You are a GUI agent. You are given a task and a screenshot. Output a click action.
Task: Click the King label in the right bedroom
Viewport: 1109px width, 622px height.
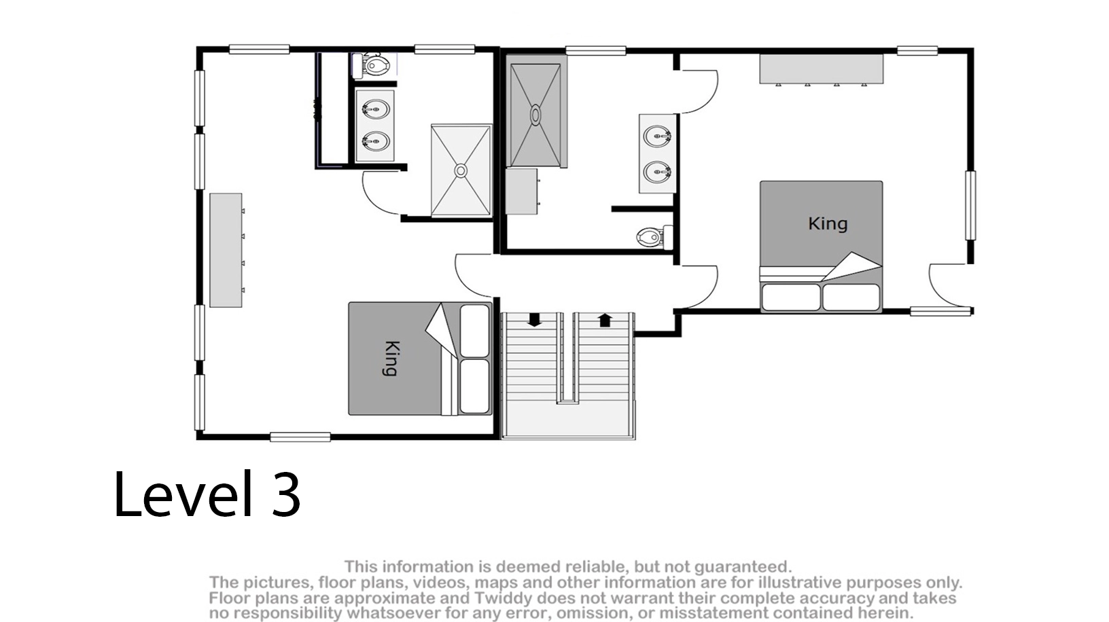[828, 223]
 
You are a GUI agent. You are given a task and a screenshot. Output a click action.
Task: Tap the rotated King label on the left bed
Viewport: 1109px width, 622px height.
[391, 359]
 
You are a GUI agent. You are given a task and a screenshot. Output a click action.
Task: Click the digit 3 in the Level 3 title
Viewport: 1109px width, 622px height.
[286, 494]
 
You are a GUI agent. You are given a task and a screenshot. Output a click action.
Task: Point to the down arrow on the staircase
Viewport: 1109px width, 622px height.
[534, 320]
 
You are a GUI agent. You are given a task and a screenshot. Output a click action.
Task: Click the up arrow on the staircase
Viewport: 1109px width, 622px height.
[605, 320]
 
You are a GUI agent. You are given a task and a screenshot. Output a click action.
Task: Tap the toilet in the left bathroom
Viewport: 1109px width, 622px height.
[371, 65]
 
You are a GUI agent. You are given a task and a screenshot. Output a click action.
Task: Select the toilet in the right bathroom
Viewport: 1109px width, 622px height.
[654, 236]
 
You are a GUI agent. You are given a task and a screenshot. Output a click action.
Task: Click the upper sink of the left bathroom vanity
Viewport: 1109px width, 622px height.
[375, 109]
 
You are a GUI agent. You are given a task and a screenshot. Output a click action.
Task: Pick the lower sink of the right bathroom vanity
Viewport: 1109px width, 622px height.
[657, 172]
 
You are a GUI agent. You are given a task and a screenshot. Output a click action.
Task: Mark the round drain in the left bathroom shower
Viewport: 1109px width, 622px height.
[461, 170]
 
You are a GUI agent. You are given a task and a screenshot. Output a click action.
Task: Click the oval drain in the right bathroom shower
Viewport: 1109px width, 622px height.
[535, 115]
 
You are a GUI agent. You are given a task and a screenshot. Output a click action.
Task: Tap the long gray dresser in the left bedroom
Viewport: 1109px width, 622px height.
[226, 251]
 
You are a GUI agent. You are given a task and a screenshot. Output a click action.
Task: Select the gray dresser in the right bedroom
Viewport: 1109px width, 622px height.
[822, 69]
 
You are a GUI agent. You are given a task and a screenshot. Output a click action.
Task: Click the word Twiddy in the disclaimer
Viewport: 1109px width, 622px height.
[501, 598]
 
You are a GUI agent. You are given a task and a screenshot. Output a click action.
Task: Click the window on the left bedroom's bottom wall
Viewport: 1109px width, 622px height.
[300, 437]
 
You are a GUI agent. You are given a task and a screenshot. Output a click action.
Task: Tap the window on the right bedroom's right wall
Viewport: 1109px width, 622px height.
[971, 205]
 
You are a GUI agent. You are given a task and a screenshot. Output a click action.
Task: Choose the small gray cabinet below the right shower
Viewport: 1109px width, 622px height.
[522, 191]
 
